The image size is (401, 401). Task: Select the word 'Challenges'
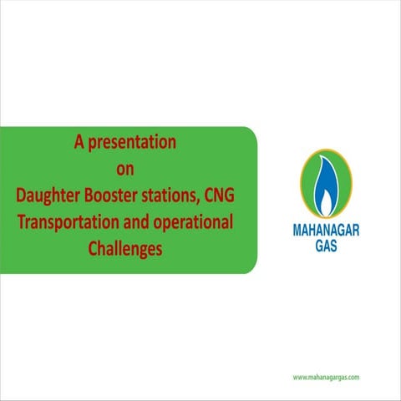point(124,248)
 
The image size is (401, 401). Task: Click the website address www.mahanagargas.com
point(326,378)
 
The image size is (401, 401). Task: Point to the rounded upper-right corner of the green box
point(251,132)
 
